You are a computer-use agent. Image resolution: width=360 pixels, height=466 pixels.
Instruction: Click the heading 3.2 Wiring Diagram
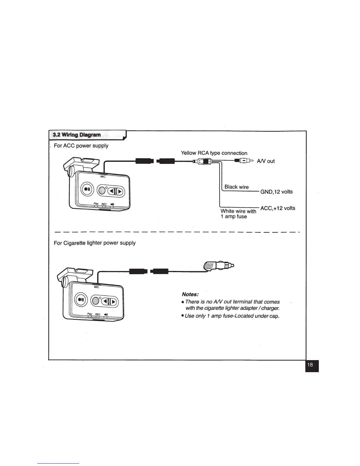point(76,135)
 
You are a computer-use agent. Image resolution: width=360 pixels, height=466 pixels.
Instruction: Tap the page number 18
point(310,365)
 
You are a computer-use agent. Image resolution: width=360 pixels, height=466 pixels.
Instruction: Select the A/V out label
point(266,161)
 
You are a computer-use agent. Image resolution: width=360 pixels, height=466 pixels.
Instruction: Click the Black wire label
point(236,187)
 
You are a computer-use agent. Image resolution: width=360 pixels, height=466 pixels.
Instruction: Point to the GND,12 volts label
point(276,192)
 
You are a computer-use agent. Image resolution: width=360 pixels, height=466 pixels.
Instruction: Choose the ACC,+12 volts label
point(278,208)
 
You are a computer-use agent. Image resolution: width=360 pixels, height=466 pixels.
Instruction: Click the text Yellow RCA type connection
point(214,153)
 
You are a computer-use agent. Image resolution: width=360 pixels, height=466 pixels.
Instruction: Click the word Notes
point(190,294)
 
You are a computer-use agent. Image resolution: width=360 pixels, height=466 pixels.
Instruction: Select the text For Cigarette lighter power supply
point(95,243)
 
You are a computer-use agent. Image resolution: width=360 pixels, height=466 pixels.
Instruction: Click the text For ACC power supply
point(81,146)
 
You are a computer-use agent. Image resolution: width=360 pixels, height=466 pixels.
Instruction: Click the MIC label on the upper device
point(103,177)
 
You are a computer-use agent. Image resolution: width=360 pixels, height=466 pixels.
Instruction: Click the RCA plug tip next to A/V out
point(249,161)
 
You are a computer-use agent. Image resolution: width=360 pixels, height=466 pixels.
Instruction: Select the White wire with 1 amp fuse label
point(238,214)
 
